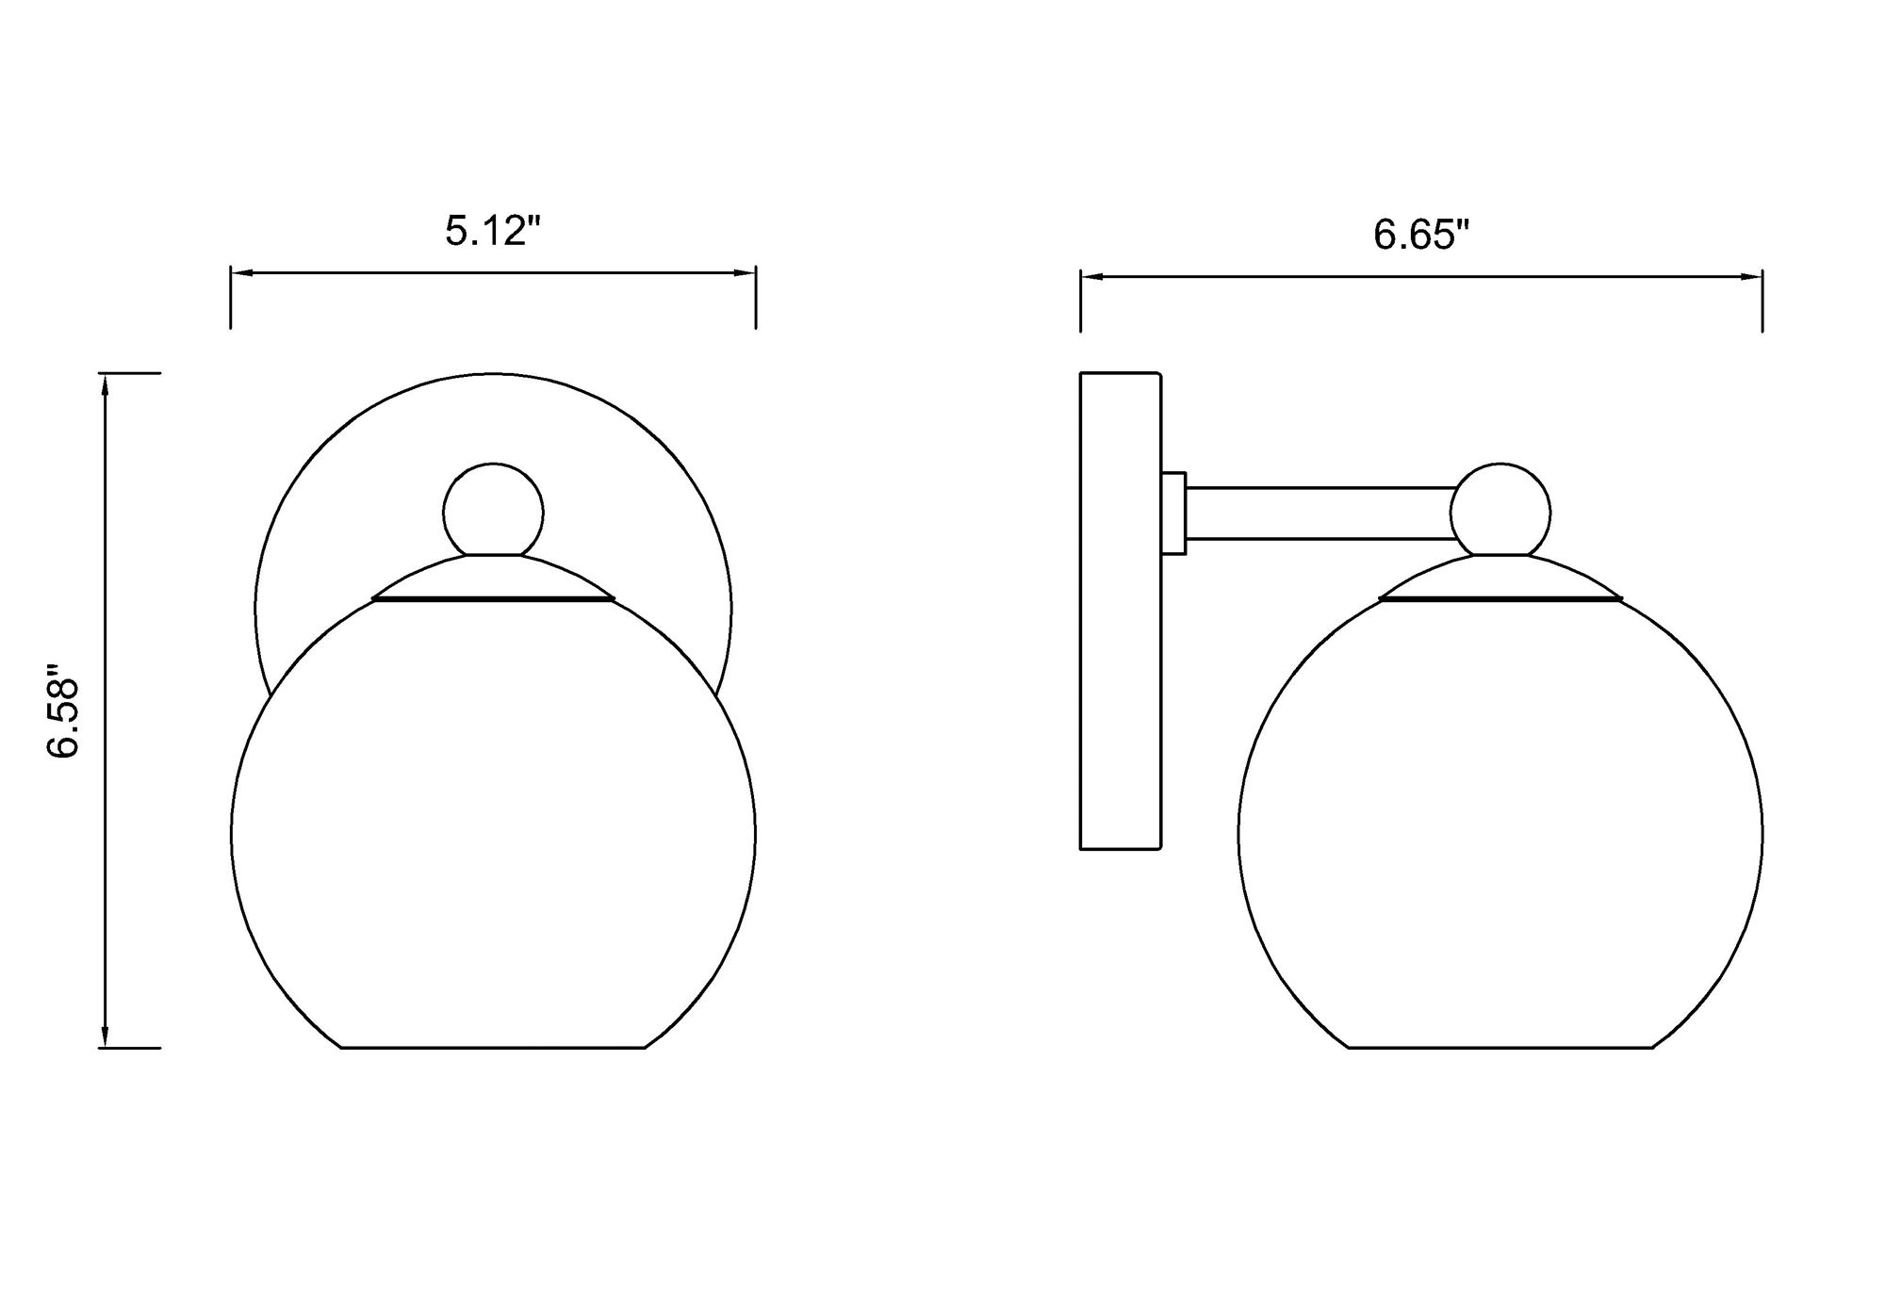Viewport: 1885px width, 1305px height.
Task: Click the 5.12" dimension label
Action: click(492, 231)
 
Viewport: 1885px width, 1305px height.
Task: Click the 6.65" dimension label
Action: click(1420, 235)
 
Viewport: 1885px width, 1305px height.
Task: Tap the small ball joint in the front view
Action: click(493, 512)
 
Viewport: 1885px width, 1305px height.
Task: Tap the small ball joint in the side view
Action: click(1500, 512)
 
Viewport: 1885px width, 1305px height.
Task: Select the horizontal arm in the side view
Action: click(1319, 514)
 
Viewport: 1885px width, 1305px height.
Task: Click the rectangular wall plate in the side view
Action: click(1120, 611)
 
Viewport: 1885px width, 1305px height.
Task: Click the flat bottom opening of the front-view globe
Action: click(493, 1047)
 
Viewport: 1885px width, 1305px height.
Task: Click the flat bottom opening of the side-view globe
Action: click(1500, 1047)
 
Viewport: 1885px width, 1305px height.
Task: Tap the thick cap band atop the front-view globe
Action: click(493, 597)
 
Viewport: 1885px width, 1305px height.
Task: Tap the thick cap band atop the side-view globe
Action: click(1500, 597)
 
